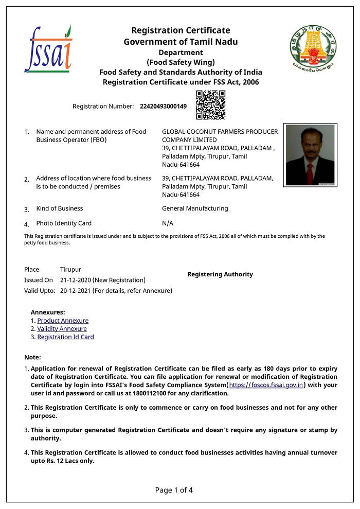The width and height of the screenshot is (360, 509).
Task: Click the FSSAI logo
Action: click(48, 49)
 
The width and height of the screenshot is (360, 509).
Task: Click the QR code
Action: click(211, 104)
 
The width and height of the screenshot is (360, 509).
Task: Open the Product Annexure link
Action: click(63, 321)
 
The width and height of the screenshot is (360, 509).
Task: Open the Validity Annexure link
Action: click(62, 329)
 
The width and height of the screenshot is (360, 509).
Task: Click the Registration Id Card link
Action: click(65, 337)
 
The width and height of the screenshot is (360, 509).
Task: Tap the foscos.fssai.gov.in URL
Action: click(266, 385)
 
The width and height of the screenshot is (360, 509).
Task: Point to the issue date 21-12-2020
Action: click(75, 280)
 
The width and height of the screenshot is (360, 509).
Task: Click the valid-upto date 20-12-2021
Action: click(75, 291)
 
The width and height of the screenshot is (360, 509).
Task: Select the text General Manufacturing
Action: click(195, 208)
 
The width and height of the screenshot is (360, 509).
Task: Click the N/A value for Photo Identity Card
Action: click(168, 223)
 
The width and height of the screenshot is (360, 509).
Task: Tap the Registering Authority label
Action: click(220, 274)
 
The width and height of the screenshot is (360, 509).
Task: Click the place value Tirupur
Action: click(70, 270)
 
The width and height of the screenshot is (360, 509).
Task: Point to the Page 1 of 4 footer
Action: click(174, 490)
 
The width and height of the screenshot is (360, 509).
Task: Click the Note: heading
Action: click(32, 357)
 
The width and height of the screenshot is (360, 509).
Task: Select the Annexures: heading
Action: click(48, 312)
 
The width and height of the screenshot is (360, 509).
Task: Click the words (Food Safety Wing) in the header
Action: click(181, 62)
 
